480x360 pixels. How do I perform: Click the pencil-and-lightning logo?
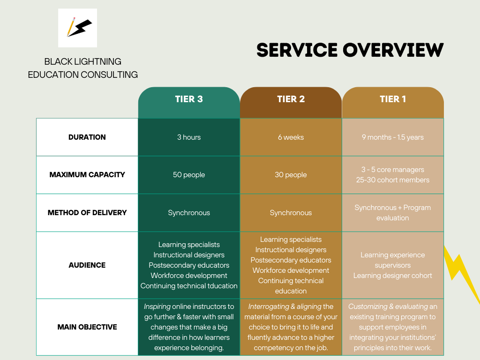coord(77,28)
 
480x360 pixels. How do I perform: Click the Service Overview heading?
coord(350,50)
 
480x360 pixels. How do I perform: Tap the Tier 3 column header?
coord(189,99)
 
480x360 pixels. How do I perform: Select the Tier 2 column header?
coord(291,99)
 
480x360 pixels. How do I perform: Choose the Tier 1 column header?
coord(393,99)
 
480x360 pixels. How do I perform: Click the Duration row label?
coord(87,137)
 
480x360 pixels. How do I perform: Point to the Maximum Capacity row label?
coord(87,175)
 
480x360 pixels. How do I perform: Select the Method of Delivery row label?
coord(87,213)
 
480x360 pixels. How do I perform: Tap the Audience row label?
coord(87,265)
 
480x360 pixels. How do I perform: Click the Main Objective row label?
coord(87,327)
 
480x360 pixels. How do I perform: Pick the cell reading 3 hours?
coord(189,137)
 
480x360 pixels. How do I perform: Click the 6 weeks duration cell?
coord(291,137)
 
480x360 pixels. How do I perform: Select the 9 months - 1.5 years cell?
coord(393,137)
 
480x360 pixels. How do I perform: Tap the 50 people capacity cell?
coord(189,175)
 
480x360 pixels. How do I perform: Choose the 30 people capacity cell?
coord(291,175)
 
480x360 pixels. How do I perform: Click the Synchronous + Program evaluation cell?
coord(393,213)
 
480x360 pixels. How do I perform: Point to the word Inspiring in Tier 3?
coord(157,307)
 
